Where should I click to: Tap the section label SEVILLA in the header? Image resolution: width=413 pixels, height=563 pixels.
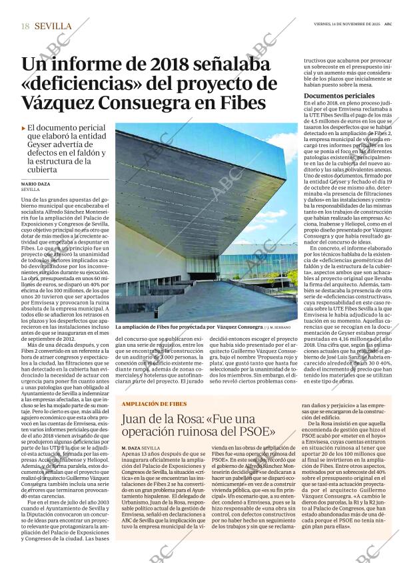point(53,25)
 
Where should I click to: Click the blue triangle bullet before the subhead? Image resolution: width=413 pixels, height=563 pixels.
point(23,126)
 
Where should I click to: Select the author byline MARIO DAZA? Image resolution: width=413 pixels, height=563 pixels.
point(36,183)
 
